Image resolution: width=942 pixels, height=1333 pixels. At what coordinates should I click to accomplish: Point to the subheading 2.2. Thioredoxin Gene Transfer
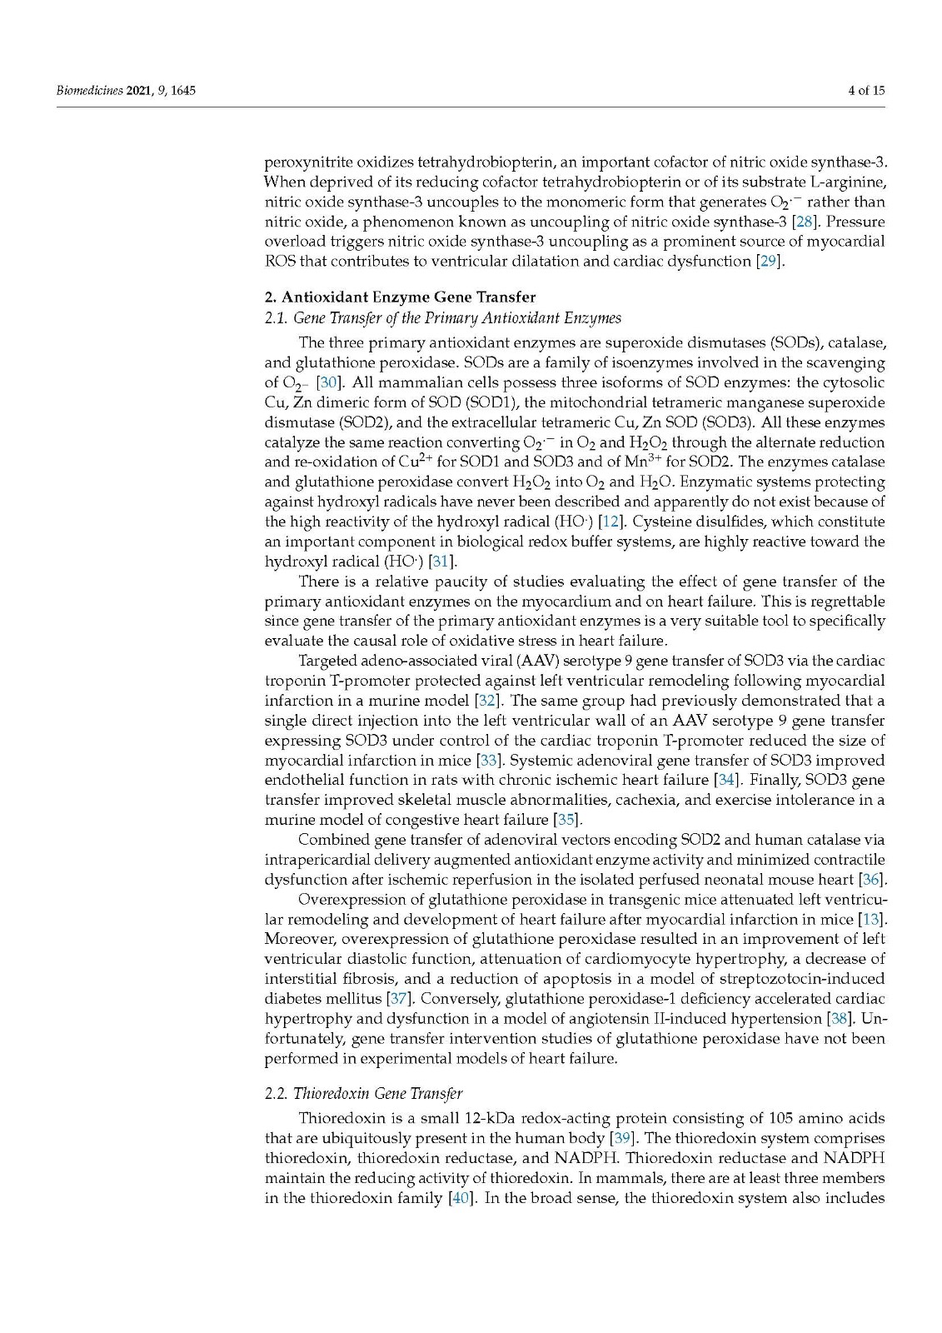(x=363, y=1093)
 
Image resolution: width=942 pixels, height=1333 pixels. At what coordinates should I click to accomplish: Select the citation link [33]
(x=488, y=761)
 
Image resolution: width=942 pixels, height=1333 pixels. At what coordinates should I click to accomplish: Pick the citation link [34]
(x=727, y=781)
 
